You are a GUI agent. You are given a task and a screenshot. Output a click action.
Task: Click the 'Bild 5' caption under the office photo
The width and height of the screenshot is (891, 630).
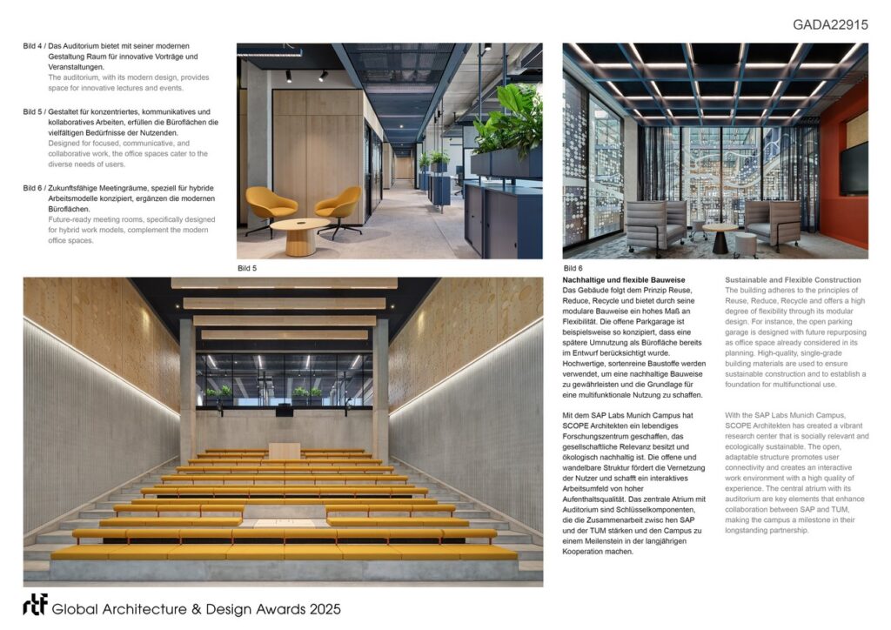(x=247, y=268)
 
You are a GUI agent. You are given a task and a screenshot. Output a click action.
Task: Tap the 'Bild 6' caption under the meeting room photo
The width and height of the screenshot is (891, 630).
(x=573, y=268)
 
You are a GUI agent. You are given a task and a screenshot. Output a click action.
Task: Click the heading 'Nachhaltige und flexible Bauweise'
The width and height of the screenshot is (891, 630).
(x=624, y=279)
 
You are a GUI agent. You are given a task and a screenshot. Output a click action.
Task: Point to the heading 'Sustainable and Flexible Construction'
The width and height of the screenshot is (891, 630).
(x=793, y=279)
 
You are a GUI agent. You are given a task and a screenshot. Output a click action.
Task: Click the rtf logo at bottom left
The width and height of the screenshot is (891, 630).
(x=35, y=607)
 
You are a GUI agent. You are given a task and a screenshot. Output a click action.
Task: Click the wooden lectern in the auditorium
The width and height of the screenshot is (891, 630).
(x=284, y=450)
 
